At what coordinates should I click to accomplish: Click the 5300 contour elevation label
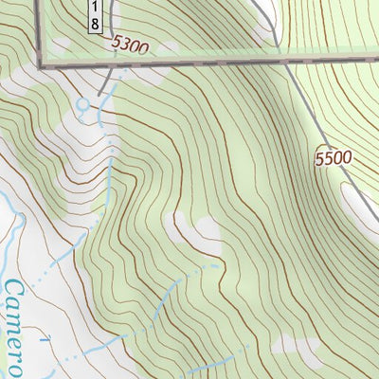coord(130,45)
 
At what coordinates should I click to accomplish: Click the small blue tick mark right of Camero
coord(45,337)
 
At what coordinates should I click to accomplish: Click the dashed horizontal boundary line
coord(189,63)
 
